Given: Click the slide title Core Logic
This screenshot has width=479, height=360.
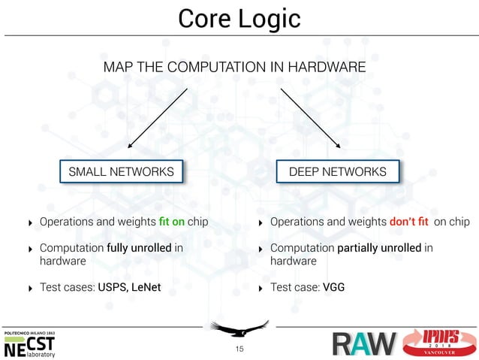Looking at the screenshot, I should pyautogui.click(x=239, y=18).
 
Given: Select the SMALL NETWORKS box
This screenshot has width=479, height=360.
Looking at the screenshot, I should pyautogui.click(x=121, y=172).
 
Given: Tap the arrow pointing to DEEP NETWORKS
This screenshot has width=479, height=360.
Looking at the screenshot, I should pyautogui.click(x=311, y=119).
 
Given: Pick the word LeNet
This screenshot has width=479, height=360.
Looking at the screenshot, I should pyautogui.click(x=145, y=287).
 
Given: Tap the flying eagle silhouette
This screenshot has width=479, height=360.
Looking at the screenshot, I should pyautogui.click(x=239, y=328).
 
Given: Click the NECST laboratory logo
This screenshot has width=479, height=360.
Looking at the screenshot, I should pyautogui.click(x=30, y=345).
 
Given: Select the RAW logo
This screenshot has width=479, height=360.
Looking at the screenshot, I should pyautogui.click(x=363, y=345).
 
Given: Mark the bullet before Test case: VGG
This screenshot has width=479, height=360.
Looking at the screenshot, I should pyautogui.click(x=260, y=288).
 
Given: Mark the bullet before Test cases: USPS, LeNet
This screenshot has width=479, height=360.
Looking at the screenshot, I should pyautogui.click(x=29, y=288).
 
